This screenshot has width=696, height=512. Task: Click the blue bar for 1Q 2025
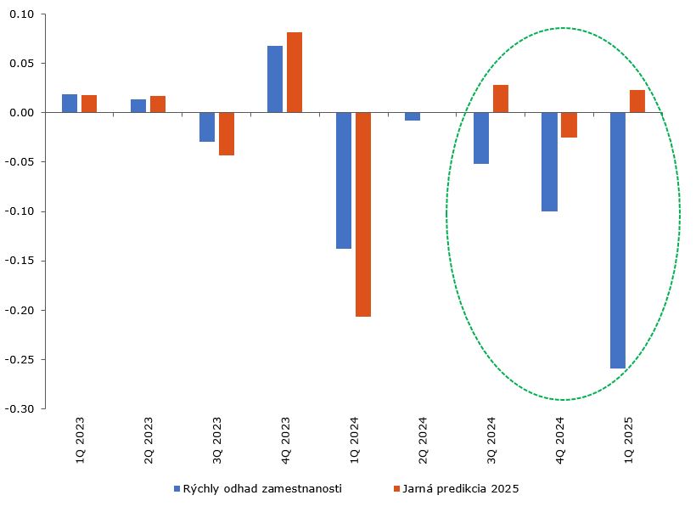[617, 240]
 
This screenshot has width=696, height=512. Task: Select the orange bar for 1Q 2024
[363, 215]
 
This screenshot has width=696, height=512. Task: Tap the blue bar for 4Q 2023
[275, 79]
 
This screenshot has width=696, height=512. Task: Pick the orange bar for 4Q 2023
[295, 72]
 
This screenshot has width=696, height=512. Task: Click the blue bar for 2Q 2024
[413, 116]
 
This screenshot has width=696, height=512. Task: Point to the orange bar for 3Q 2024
[501, 98]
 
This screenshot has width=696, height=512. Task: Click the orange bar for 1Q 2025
[637, 101]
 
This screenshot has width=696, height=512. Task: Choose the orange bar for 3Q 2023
[227, 133]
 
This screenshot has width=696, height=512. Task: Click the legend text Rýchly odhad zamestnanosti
[262, 488]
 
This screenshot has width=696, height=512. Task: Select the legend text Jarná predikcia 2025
[462, 488]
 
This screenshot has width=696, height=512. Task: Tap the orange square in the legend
[396, 488]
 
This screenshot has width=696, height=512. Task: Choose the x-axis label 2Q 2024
[423, 438]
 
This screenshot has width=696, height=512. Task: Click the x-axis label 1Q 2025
[629, 438]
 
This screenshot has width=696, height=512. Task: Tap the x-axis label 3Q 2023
[217, 438]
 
